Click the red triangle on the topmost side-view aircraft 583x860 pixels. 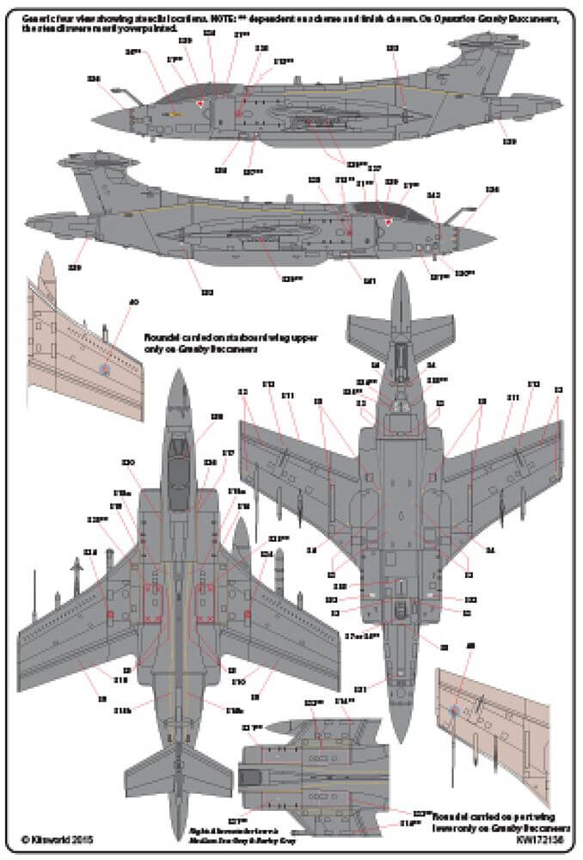coord(200,105)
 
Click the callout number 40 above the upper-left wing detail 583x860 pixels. coord(133,302)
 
